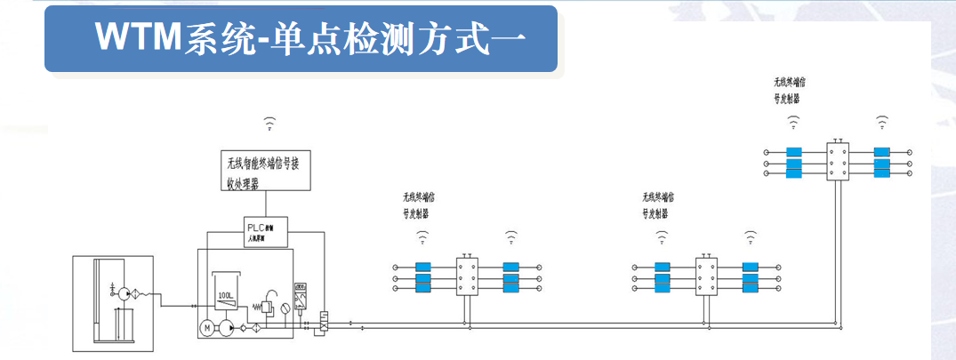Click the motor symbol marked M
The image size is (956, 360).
tap(207, 329)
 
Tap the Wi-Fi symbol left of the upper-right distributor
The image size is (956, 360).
tap(792, 122)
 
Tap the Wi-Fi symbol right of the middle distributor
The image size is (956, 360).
tap(751, 236)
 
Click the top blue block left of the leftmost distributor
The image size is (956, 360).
tap(423, 266)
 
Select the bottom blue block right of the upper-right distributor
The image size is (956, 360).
tap(882, 174)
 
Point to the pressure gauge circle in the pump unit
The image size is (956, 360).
tap(283, 308)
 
